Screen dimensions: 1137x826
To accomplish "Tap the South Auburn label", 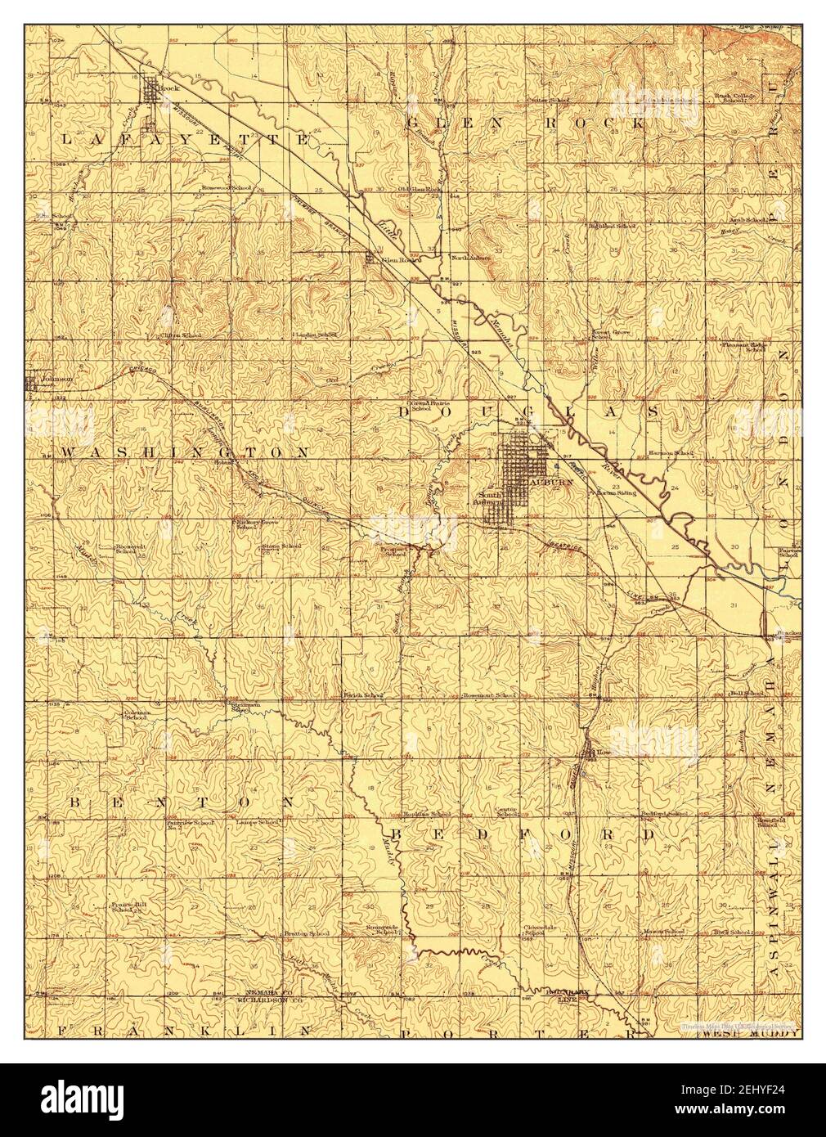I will (x=490, y=498).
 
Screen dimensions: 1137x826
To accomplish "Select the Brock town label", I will (x=168, y=88).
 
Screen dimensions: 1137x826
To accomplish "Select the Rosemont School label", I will (x=490, y=695).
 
